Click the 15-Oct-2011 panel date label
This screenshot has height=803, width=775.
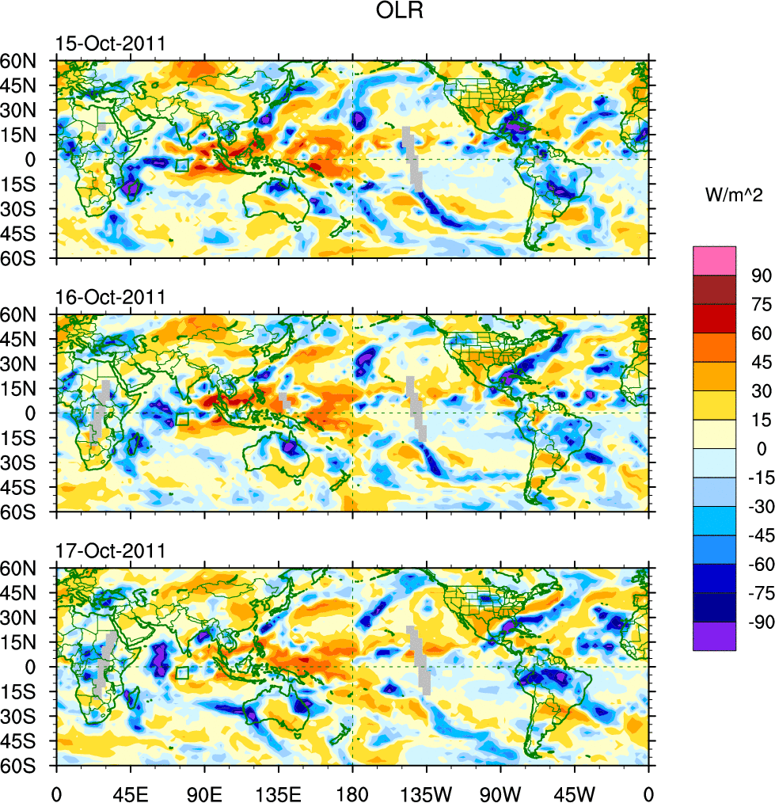(110, 44)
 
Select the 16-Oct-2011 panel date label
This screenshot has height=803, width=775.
(110, 297)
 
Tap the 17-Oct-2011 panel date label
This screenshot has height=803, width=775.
(110, 551)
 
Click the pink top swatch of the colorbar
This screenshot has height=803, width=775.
(714, 261)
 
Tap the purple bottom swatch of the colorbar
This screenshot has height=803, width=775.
(714, 637)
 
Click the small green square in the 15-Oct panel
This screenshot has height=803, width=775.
(182, 166)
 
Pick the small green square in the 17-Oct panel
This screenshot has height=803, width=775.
(182, 673)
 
